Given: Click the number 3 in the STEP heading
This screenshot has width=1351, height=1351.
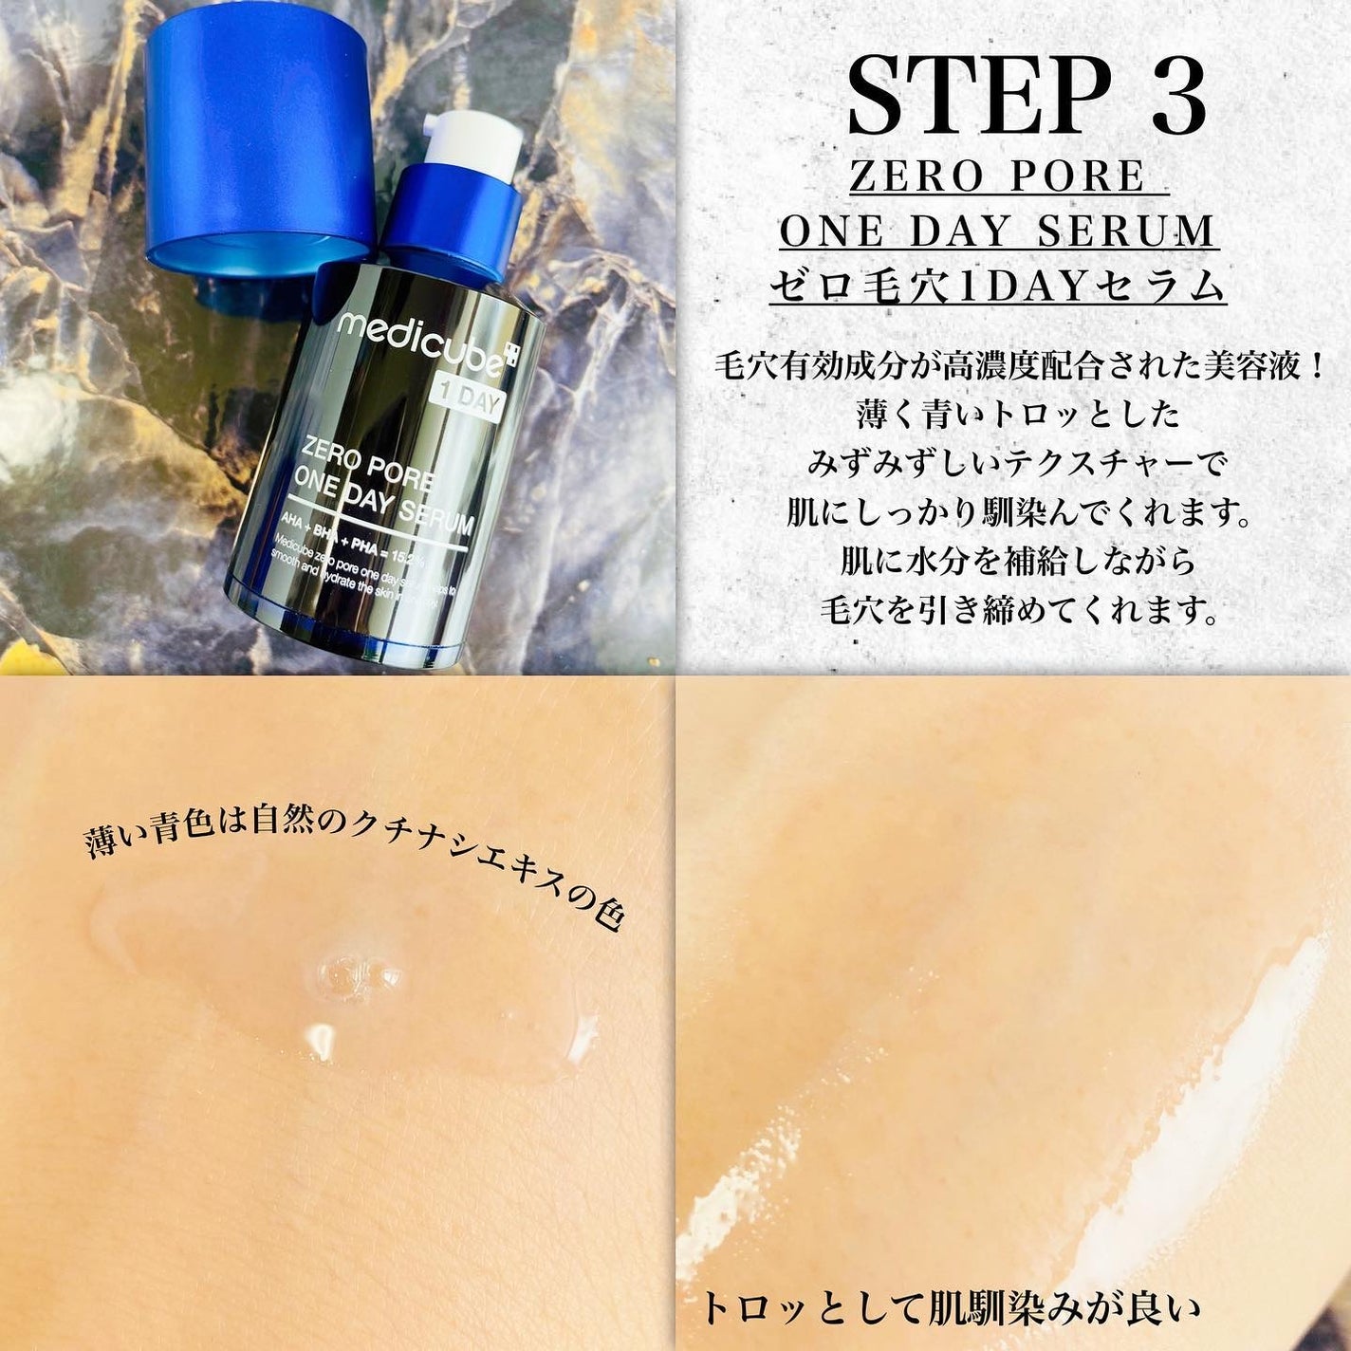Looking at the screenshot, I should pos(1178,98).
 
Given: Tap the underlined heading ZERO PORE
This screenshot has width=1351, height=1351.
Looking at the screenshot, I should pos(998,176).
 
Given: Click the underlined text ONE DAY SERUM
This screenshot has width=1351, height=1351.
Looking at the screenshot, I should pos(998,231).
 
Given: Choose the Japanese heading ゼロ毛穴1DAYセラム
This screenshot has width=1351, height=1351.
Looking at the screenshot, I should pos(998,287).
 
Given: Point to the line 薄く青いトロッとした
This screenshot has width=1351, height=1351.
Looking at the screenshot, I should pos(1019,415).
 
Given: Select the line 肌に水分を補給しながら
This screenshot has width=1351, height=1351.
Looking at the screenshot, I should pos(1019,562).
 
